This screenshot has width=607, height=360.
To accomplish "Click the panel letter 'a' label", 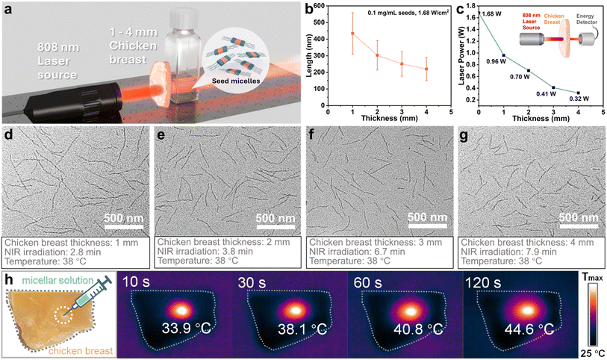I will [x=9, y=9].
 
